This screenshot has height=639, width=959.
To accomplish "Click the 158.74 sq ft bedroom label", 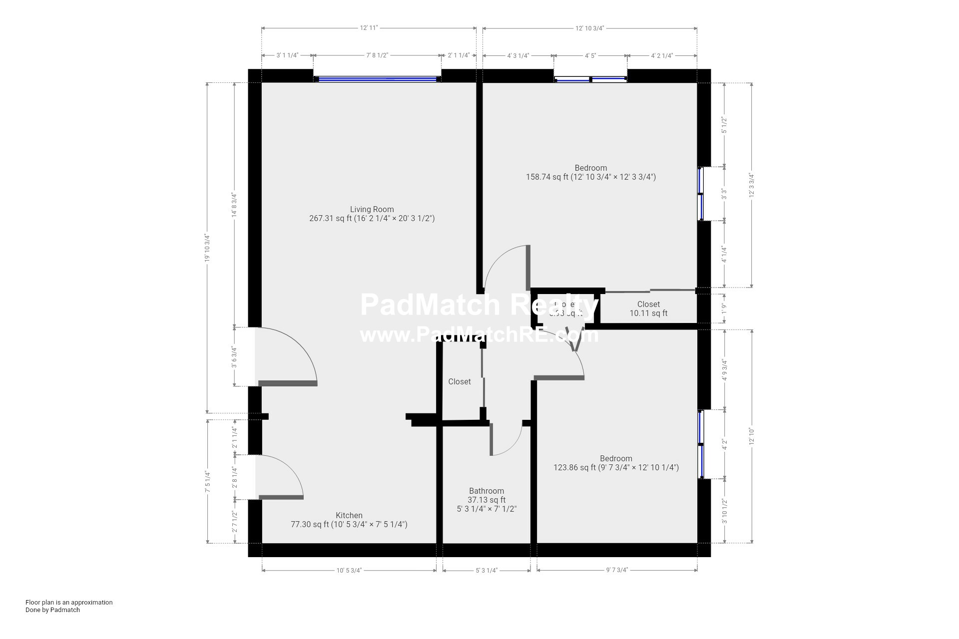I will tap(590, 172).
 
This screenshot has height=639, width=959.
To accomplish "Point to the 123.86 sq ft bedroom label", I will tap(616, 463).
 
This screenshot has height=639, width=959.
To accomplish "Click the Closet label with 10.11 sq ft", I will tap(648, 309).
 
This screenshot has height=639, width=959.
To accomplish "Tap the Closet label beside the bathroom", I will tap(459, 382).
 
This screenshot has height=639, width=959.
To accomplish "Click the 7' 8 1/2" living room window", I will tap(377, 79).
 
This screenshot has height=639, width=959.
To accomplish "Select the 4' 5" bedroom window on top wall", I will tap(590, 79).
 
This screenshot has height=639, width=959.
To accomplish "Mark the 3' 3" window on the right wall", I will tap(700, 194).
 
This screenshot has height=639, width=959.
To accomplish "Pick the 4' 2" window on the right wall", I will tap(700, 444).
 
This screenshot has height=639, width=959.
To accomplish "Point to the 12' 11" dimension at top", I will tap(369, 28).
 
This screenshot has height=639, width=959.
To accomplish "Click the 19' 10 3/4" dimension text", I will tap(207, 248).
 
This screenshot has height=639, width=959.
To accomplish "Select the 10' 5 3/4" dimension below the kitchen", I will tap(349, 571).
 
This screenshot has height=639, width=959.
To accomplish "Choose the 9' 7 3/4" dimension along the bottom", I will tap(617, 571).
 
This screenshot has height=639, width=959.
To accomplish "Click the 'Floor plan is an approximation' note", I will tap(69, 603).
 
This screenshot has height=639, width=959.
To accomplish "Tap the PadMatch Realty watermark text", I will tap(479, 305).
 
